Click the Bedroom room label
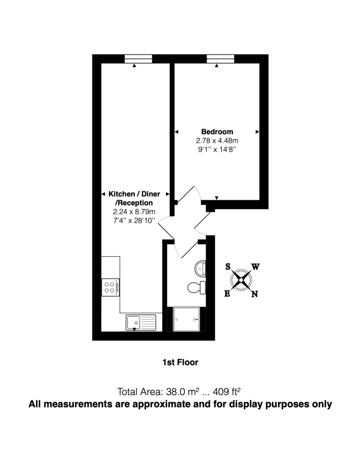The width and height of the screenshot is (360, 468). tap(217, 131)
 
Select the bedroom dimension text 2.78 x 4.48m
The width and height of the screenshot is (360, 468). tap(217, 140)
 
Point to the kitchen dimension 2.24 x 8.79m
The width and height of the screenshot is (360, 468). tap(134, 212)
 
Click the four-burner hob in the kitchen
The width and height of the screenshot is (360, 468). tap(110, 287)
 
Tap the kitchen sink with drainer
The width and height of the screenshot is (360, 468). tap(140, 323)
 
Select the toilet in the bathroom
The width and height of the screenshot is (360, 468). tap(196, 288)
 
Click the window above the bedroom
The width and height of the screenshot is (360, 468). tap(220, 59)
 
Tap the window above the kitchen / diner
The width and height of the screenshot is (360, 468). tap(138, 59)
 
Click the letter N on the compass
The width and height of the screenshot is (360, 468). tap(255, 294)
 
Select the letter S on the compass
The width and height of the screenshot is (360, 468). tap(228, 267)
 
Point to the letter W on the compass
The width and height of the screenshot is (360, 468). tap(255, 267)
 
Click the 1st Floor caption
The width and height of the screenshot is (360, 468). tap(180, 362)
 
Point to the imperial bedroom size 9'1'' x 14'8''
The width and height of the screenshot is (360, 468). tap(217, 149)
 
